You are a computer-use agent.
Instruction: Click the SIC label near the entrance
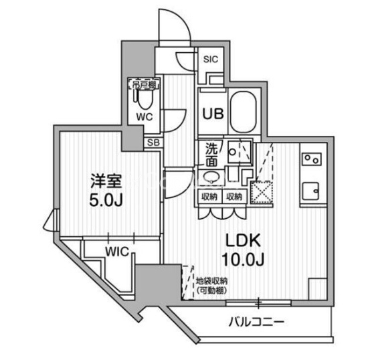pyautogui.click(x=211, y=58)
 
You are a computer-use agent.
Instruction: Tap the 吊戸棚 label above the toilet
pyautogui.click(x=143, y=85)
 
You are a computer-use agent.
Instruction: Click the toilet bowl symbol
pyautogui.click(x=143, y=100)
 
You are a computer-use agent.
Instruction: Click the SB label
pyautogui.click(x=153, y=143)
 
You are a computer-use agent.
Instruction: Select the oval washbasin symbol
pyautogui.click(x=211, y=177)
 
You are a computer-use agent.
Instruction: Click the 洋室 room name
pyautogui.click(x=106, y=179)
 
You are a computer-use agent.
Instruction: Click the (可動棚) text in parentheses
pyautogui.click(x=212, y=290)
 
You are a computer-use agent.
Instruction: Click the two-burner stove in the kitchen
pyautogui.click(x=311, y=159)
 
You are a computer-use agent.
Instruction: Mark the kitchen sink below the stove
pyautogui.click(x=311, y=191)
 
